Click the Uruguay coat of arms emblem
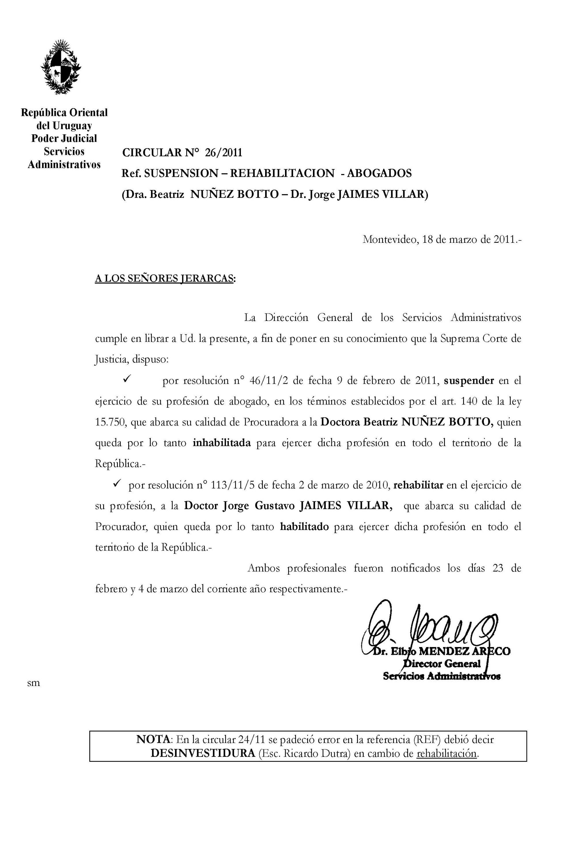click(61, 67)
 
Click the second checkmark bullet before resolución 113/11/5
click(117, 484)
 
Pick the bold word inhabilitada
click(222, 443)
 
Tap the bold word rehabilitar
click(418, 486)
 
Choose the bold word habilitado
click(305, 527)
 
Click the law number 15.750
click(110, 423)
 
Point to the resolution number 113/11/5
click(236, 486)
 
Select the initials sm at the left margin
click(33, 683)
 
